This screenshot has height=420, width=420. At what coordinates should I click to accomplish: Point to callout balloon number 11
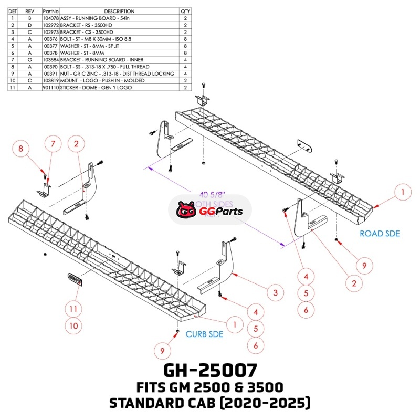pyautogui.click(x=73, y=308)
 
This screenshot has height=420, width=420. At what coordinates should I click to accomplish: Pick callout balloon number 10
pyautogui.click(x=73, y=326)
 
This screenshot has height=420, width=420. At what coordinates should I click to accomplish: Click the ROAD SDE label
pyautogui.click(x=380, y=234)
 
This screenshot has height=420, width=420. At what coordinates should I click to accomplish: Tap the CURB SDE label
pyautogui.click(x=204, y=334)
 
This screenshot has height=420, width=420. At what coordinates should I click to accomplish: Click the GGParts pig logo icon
pyautogui.click(x=184, y=211)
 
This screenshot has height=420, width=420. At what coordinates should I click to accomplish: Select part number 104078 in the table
pyautogui.click(x=51, y=18)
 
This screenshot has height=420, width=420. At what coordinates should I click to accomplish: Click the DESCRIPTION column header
pyautogui.click(x=119, y=11)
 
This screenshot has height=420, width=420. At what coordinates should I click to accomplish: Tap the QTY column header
pyautogui.click(x=185, y=11)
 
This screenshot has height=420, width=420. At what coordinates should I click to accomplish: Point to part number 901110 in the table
pyautogui.click(x=51, y=88)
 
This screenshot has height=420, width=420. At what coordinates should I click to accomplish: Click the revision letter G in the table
pyautogui.click(x=30, y=60)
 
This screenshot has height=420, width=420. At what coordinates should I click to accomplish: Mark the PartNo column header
pyautogui.click(x=51, y=11)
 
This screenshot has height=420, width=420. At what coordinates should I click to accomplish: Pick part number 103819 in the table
pyautogui.click(x=51, y=81)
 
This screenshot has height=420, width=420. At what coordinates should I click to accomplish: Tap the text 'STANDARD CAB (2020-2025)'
pyautogui.click(x=210, y=404)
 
